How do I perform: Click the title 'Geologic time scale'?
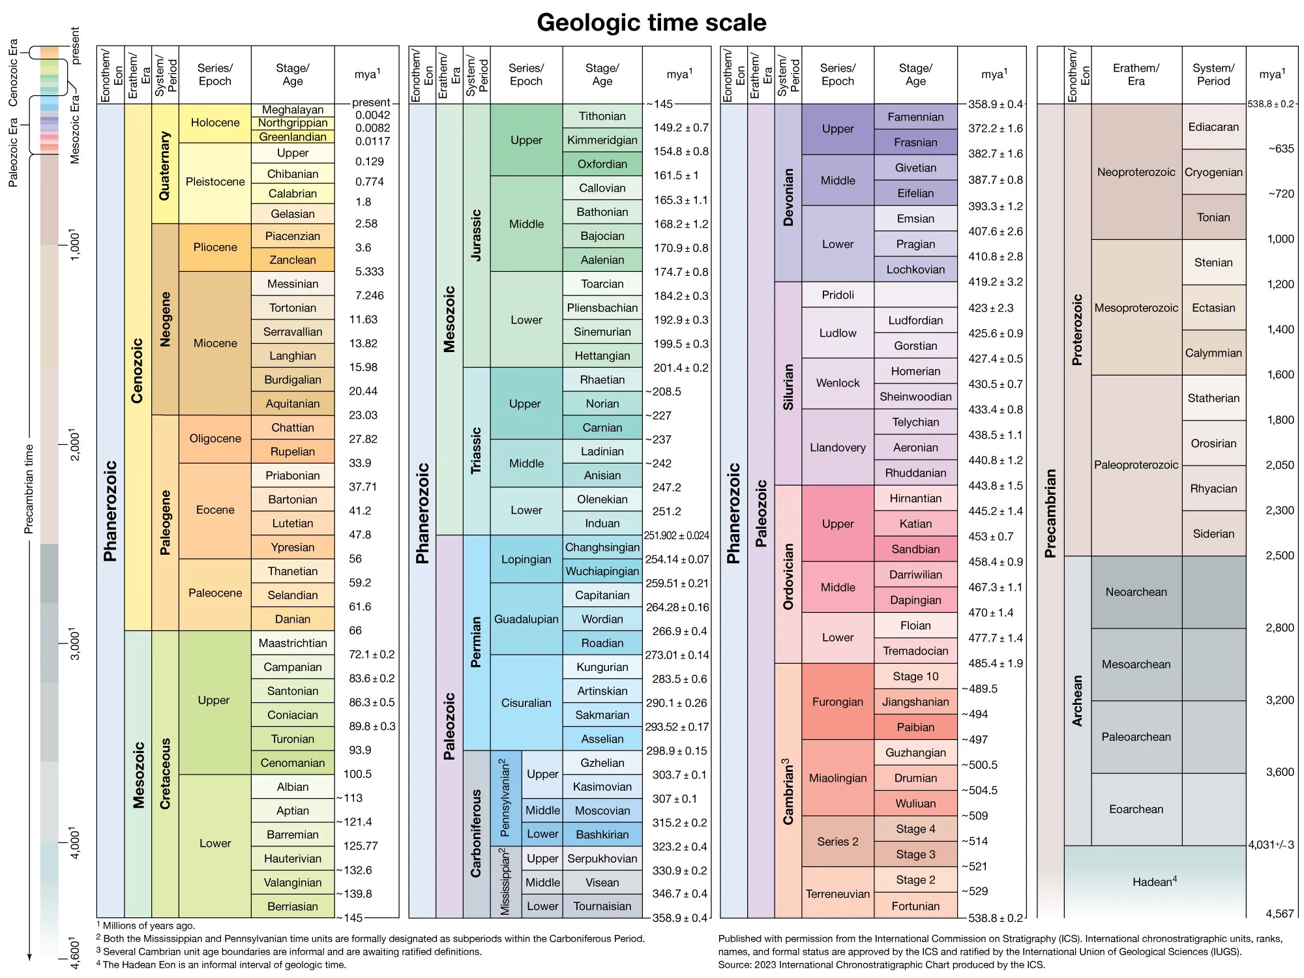[651, 23]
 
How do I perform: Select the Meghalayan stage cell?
[293, 110]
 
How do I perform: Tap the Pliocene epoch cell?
[215, 247]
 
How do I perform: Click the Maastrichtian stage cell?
[293, 643]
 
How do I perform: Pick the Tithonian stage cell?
[602, 116]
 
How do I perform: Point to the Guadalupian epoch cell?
[526, 619]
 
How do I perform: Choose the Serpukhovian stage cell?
[602, 858]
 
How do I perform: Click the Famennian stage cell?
[915, 117]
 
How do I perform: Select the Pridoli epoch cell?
[838, 295]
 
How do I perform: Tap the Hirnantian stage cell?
[915, 498]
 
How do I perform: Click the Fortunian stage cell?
[915, 906]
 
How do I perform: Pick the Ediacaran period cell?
[1213, 126]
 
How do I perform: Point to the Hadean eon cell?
[1154, 882]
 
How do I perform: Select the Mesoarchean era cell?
[1136, 664]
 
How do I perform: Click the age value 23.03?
[363, 415]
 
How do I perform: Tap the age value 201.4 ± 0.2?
[681, 368]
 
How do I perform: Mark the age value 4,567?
[1279, 913]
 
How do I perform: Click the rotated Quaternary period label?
[164, 166]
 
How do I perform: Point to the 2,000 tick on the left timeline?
[74, 445]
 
